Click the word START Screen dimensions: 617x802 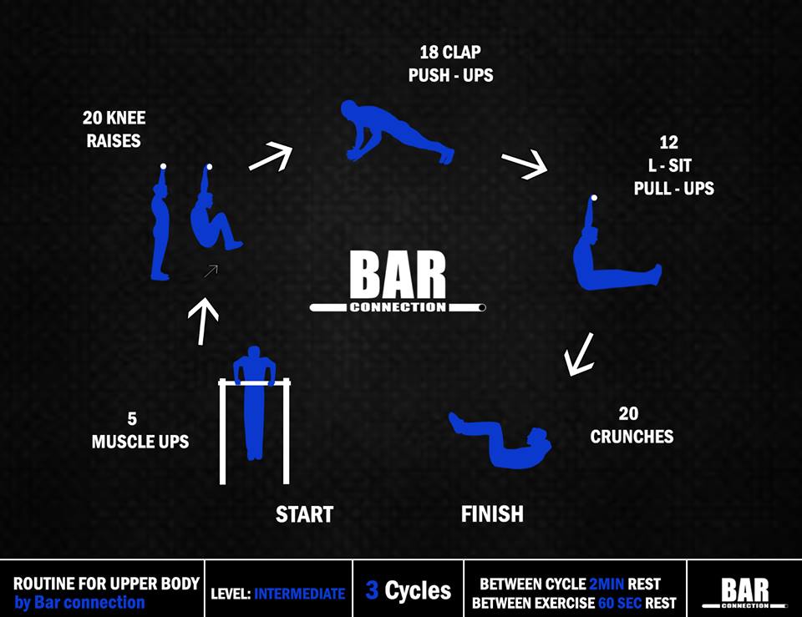coord(304,514)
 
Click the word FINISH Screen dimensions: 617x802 coord(492,513)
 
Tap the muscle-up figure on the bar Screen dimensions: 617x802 coord(253,401)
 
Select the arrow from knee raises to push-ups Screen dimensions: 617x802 coord(271,156)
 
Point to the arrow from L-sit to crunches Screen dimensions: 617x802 coord(578,354)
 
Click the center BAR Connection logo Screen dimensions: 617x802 coord(398,284)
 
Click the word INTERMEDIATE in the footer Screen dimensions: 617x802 coord(299,594)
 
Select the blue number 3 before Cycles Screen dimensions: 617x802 coord(373,591)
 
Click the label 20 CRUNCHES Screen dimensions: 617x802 coord(631,425)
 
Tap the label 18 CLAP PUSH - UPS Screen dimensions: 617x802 coord(450,64)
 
